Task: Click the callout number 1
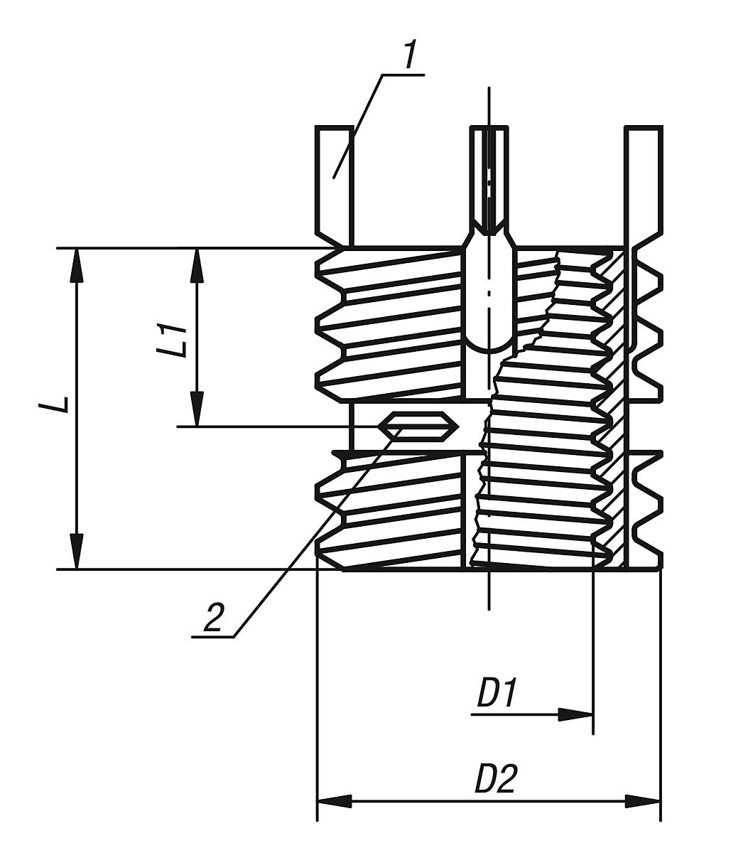[410, 55]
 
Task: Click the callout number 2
[212, 616]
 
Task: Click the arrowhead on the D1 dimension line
[575, 714]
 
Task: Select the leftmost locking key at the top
[335, 183]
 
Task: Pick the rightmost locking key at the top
[644, 183]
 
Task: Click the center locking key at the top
[489, 178]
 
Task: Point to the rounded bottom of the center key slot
[489, 345]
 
